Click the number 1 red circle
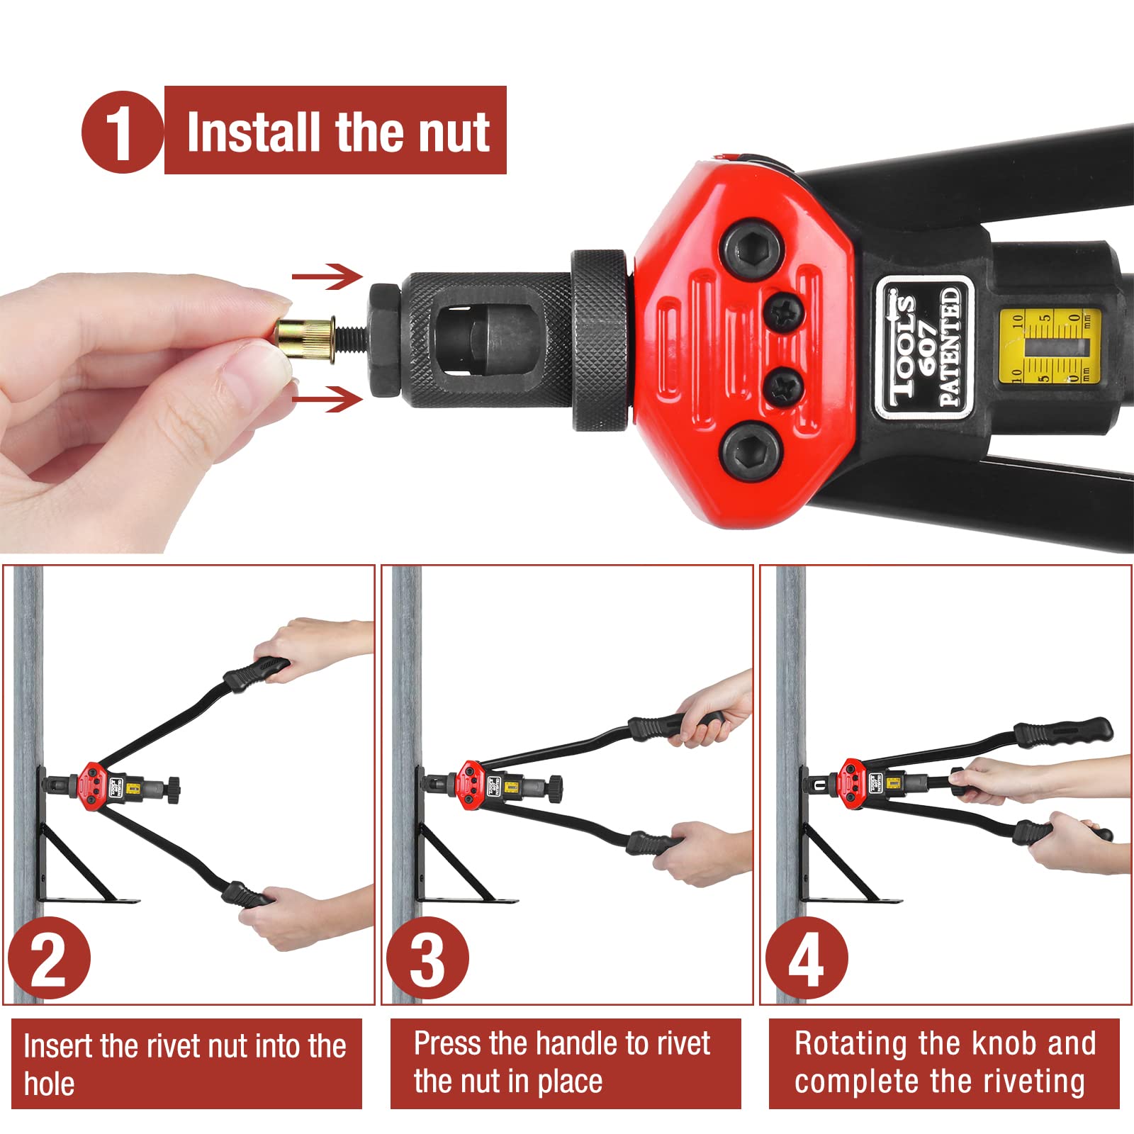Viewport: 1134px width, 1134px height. pyautogui.click(x=121, y=133)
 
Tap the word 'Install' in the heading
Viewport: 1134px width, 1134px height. pyautogui.click(x=252, y=133)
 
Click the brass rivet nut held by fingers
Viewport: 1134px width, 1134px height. pyautogui.click(x=305, y=340)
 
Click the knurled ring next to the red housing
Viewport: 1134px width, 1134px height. pyautogui.click(x=600, y=339)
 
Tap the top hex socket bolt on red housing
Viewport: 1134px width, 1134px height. pyautogui.click(x=752, y=249)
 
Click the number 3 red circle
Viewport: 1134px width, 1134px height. pyautogui.click(x=427, y=958)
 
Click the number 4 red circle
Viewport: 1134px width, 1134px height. pyautogui.click(x=806, y=958)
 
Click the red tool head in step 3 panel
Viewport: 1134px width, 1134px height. pyautogui.click(x=470, y=785)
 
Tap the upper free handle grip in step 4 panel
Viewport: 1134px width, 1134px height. pyautogui.click(x=1063, y=731)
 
